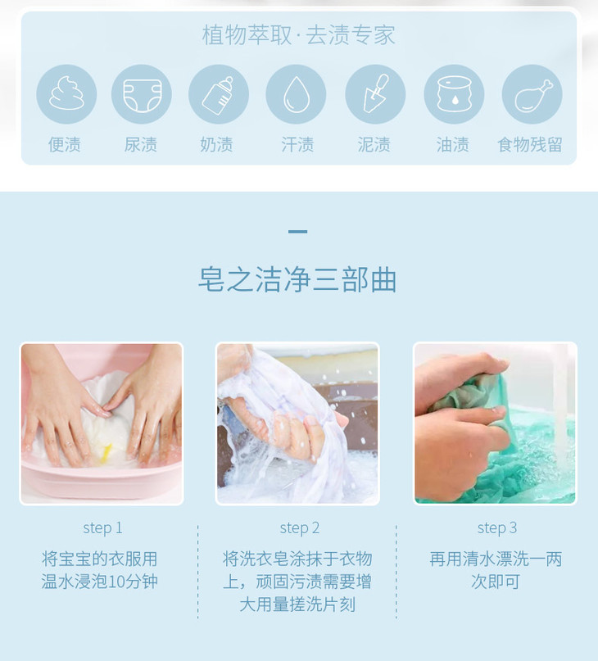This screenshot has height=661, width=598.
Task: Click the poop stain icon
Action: [66, 93]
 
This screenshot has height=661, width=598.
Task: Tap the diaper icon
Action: [142, 94]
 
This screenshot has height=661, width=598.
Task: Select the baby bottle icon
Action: [219, 94]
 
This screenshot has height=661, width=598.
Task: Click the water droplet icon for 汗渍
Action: [296, 94]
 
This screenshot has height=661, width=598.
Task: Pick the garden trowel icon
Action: [375, 94]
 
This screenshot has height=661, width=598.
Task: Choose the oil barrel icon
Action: [454, 94]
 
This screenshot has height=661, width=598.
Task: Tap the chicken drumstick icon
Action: [532, 94]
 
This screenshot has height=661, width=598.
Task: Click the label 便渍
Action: [65, 145]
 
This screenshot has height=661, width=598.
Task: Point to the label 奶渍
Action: [216, 145]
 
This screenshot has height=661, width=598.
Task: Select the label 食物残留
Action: [530, 145]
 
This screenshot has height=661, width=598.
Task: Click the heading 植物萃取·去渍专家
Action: [298, 34]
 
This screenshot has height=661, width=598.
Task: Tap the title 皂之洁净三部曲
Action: [297, 279]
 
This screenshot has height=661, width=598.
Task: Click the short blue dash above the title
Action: [297, 232]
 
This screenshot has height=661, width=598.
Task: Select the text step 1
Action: [102, 527]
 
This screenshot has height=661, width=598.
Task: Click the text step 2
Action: [300, 527]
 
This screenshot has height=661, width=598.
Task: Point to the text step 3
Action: [496, 527]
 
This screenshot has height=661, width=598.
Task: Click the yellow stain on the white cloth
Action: [106, 453]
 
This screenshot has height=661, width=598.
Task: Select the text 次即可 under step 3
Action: [496, 582]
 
